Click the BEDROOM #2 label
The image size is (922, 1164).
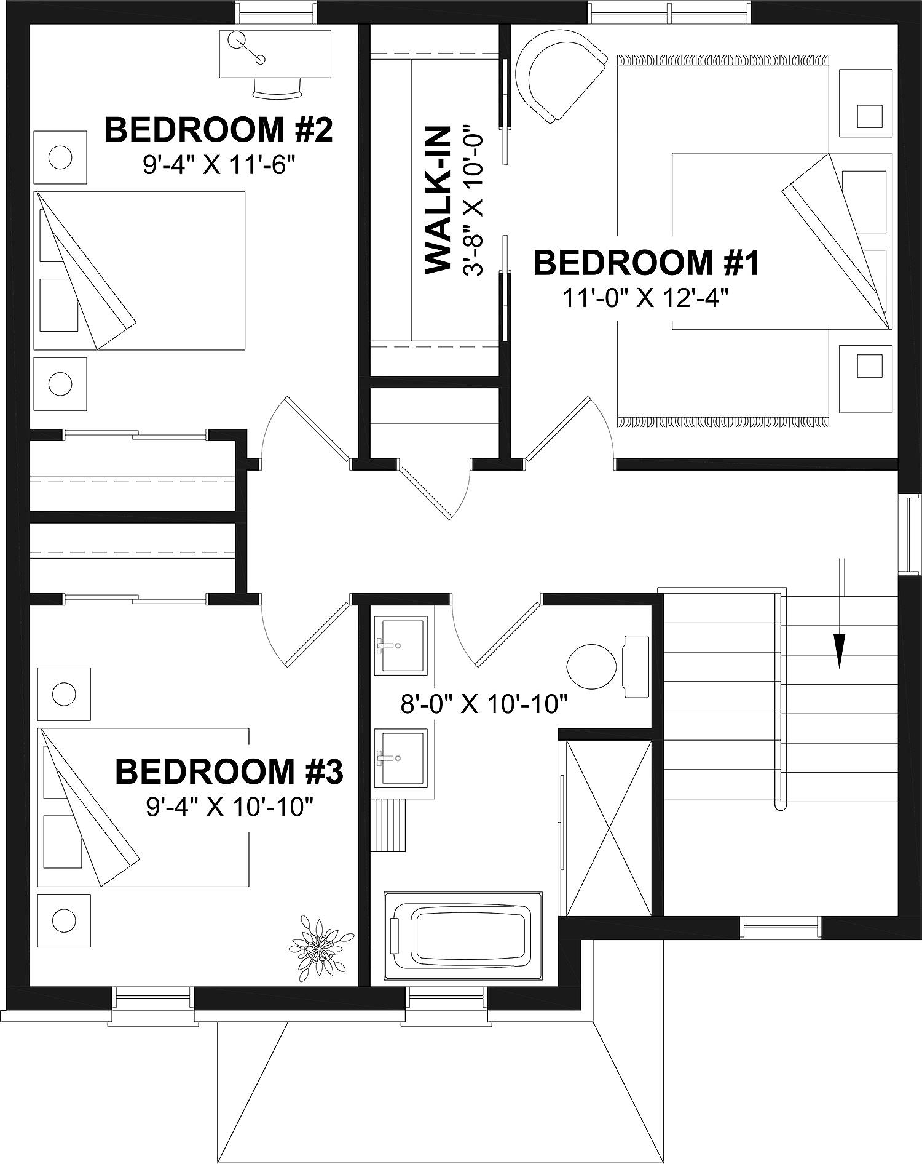tap(219, 130)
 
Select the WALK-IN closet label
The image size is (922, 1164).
tap(438, 200)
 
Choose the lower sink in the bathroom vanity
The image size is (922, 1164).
tap(400, 757)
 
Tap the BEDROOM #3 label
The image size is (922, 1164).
tap(229, 771)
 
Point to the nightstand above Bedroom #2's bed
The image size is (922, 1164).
tap(60, 157)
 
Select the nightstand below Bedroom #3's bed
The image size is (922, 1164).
tap(64, 921)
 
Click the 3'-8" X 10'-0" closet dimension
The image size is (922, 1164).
tap(474, 200)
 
